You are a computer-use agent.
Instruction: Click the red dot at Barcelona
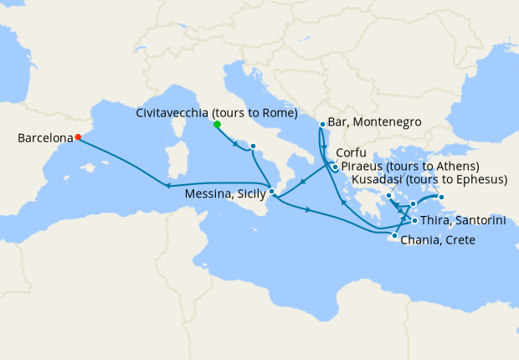click(x=78, y=137)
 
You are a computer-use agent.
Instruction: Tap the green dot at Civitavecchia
click(x=217, y=124)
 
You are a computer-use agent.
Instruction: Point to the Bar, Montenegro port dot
click(x=322, y=125)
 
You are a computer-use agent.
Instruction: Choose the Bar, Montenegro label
click(x=374, y=123)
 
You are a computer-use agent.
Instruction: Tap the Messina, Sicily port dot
click(x=272, y=192)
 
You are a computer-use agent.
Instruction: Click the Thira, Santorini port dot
click(x=414, y=220)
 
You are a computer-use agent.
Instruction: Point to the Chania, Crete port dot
click(x=394, y=236)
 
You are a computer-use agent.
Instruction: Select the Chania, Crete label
click(x=438, y=240)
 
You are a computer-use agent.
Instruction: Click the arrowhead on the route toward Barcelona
click(x=167, y=186)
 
